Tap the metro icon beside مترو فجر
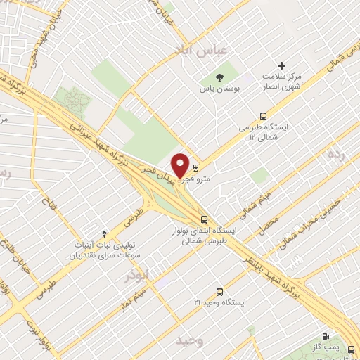click(195, 168)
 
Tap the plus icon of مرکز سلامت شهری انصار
click(283, 65)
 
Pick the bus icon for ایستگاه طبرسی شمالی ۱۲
click(264, 116)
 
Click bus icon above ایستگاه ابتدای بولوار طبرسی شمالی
click(203, 219)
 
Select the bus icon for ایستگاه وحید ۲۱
click(220, 291)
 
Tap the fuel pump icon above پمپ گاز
click(325, 337)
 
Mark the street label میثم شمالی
click(250, 200)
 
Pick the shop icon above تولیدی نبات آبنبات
click(105, 233)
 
